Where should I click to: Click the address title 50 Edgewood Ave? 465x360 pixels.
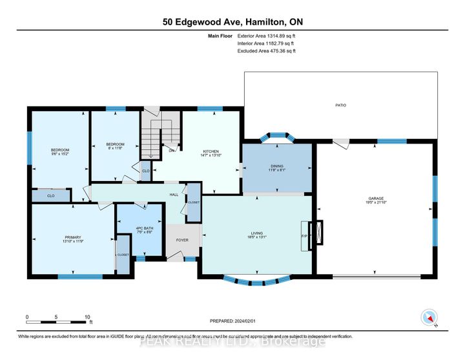point(232,22)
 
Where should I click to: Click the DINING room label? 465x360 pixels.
point(276,166)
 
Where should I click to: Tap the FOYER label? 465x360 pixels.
point(182,239)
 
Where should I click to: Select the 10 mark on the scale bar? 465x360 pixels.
point(87,317)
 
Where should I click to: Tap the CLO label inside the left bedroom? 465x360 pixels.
point(50,195)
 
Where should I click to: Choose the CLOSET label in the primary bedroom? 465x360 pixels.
point(123,255)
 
